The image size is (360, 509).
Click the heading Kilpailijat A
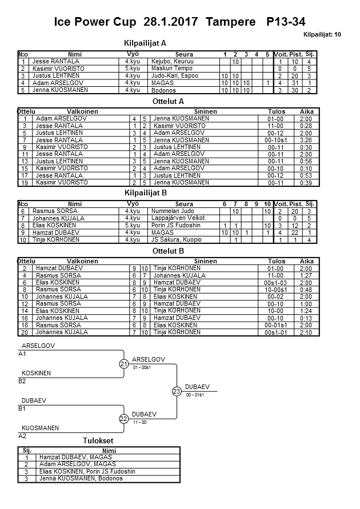145,43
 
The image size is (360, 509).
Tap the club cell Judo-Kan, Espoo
174,75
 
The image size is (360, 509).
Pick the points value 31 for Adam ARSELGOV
295,83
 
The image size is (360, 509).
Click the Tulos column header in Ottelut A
276,111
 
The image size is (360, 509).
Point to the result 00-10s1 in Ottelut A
276,140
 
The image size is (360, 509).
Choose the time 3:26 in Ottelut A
306,140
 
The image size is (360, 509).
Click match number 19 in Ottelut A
25,183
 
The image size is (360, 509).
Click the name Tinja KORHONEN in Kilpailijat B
57,240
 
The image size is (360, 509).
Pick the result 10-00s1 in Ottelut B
276,290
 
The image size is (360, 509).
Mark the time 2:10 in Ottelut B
306,332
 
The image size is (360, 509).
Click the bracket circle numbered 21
123,364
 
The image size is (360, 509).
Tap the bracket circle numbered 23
177,391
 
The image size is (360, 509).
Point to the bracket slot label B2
22,380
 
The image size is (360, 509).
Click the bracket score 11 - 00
140,422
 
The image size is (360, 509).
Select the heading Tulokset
98,441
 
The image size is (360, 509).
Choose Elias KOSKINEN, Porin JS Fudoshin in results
87,471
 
